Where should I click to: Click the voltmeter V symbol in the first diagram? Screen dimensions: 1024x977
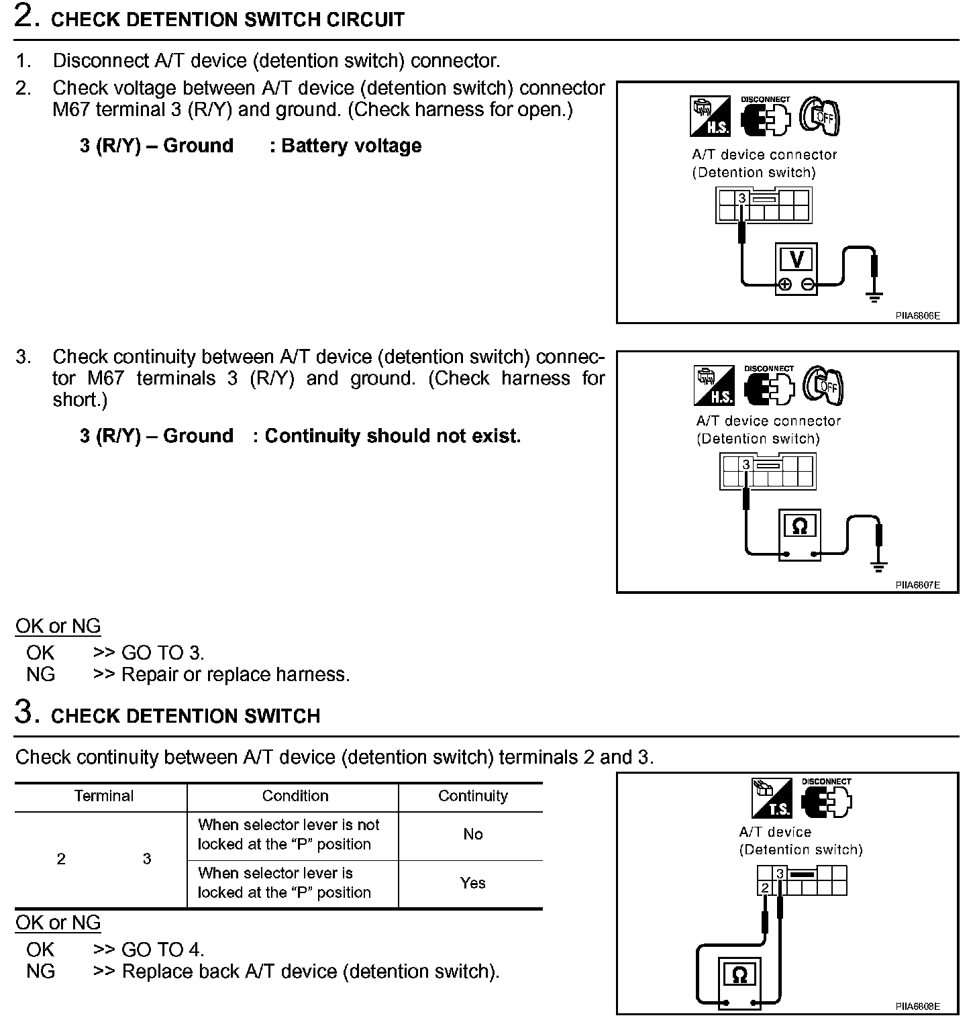[796, 259]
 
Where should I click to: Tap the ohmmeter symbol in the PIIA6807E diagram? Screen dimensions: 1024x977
[799, 527]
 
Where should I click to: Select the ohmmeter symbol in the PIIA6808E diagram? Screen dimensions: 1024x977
[740, 974]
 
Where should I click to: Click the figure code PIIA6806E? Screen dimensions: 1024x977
[917, 315]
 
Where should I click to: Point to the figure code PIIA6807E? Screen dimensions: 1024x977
[917, 584]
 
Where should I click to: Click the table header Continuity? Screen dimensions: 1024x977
[472, 796]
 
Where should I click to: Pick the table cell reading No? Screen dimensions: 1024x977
[472, 834]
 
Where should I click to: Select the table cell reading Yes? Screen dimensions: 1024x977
[472, 883]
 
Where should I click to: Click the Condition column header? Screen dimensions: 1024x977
[295, 796]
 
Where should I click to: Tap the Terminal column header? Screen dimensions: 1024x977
[103, 796]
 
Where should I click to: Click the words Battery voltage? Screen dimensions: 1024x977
[351, 146]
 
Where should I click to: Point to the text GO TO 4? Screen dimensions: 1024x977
[162, 950]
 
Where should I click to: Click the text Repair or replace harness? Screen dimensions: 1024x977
[236, 674]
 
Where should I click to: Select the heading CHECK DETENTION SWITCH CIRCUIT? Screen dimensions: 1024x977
[227, 19]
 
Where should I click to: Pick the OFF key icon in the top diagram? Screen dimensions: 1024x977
[821, 117]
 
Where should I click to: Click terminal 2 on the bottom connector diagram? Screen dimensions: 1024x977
[765, 888]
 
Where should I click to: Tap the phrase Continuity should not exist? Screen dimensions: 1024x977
[393, 436]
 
